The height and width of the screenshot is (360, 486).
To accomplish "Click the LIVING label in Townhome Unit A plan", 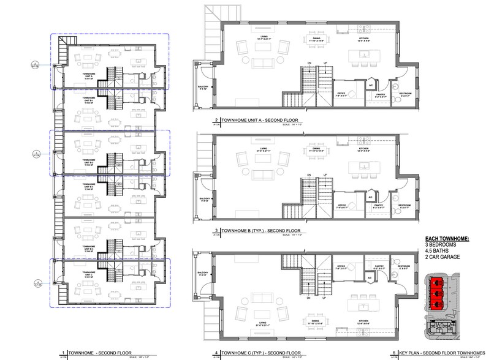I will [264, 38].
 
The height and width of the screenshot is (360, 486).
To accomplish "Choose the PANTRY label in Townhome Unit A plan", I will [380, 95].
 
